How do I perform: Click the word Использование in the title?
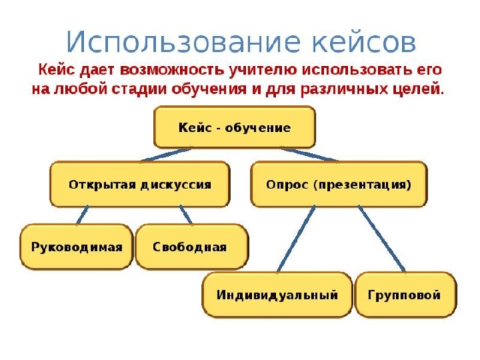(x=183, y=42)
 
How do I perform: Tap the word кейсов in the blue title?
(x=364, y=42)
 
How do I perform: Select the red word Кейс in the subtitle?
(x=57, y=70)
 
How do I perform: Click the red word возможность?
(x=172, y=70)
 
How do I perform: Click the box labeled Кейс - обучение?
(x=235, y=127)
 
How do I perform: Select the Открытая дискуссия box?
(x=140, y=184)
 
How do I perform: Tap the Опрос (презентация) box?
(x=339, y=184)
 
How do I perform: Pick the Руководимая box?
(x=76, y=247)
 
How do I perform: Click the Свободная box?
(x=192, y=247)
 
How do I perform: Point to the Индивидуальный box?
(x=277, y=295)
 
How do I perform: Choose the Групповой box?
(x=405, y=295)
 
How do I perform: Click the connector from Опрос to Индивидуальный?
(x=296, y=239)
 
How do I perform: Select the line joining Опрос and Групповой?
(x=382, y=239)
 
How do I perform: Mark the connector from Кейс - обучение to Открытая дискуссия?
(x=166, y=155)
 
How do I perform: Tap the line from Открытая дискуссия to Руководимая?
(x=82, y=215)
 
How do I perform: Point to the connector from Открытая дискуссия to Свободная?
(x=186, y=215)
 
